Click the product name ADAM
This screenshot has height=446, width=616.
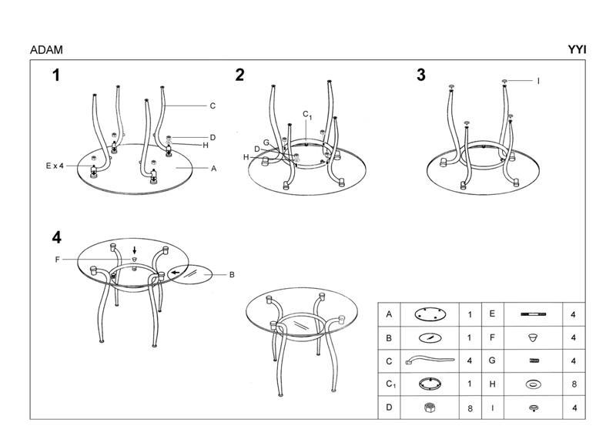pos(46,50)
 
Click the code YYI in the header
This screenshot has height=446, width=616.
pos(577,50)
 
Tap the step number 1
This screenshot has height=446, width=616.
pos(56,75)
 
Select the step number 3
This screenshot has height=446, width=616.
pos(421,75)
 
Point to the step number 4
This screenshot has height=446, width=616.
pos(56,238)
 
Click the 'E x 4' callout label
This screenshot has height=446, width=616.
pos(55,166)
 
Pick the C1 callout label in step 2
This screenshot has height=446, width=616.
pos(307,115)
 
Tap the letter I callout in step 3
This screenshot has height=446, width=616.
pos(538,81)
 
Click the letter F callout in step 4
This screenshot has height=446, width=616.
pos(57,260)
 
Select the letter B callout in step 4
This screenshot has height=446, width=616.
pos(232,275)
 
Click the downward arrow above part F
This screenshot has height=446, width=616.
pos(135,250)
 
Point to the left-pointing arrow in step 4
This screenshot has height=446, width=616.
pos(176,273)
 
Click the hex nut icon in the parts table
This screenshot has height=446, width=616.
pos(430,407)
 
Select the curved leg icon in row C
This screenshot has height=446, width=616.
pos(430,360)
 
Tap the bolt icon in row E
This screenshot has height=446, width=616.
pos(533,314)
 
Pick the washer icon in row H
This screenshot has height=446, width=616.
pos(533,384)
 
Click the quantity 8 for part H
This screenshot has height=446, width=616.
pos(574,384)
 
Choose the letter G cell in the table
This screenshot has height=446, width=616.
pos(492,360)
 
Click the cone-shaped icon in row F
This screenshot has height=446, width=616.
pos(533,337)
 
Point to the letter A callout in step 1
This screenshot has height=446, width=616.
pos(214,169)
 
